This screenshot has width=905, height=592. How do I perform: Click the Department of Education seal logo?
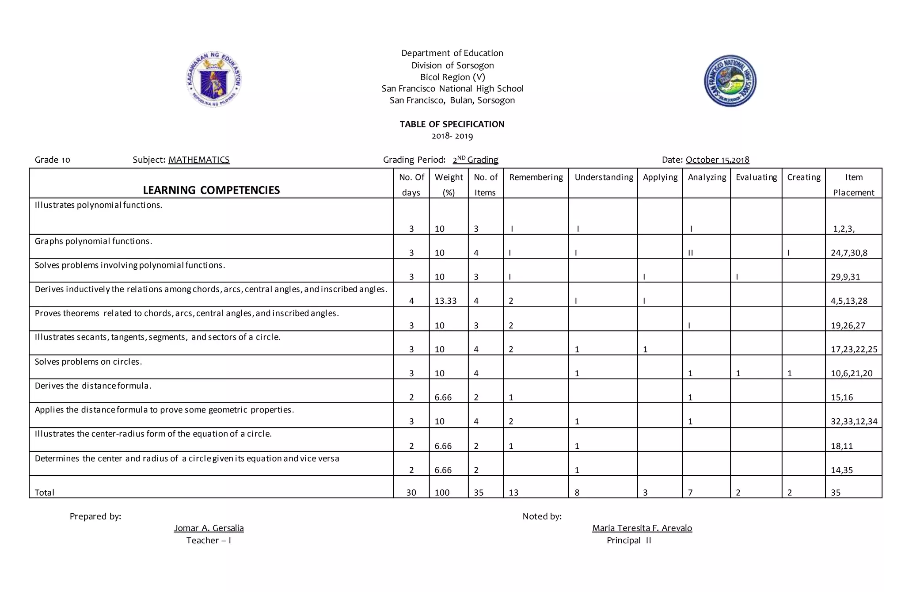click(x=214, y=80)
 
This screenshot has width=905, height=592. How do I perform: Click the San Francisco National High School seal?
click(x=730, y=81)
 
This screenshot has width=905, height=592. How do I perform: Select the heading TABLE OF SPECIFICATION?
click(x=452, y=124)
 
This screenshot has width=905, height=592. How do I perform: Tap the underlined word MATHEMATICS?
click(x=199, y=160)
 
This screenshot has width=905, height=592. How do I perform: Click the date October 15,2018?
click(x=717, y=160)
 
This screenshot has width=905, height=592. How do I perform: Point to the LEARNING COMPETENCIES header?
click(x=211, y=190)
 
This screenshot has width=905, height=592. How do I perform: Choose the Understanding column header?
click(x=604, y=177)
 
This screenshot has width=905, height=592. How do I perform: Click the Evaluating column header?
click(x=756, y=177)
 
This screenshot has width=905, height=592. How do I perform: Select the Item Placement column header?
click(x=853, y=184)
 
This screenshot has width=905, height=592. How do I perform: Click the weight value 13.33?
click(x=445, y=301)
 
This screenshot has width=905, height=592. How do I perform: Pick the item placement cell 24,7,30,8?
click(x=849, y=253)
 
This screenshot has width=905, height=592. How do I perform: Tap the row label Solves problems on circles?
click(x=88, y=362)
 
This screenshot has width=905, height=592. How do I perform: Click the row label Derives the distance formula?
click(x=93, y=386)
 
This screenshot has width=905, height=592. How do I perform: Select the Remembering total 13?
click(x=513, y=493)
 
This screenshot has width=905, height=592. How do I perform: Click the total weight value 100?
click(x=442, y=493)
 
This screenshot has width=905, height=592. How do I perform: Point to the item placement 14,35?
click(x=842, y=470)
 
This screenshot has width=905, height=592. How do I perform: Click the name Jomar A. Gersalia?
click(x=209, y=528)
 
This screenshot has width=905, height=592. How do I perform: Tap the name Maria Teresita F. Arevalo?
click(x=642, y=528)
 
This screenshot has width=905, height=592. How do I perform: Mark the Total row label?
click(x=45, y=493)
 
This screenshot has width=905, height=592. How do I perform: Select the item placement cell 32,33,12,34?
click(x=854, y=421)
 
